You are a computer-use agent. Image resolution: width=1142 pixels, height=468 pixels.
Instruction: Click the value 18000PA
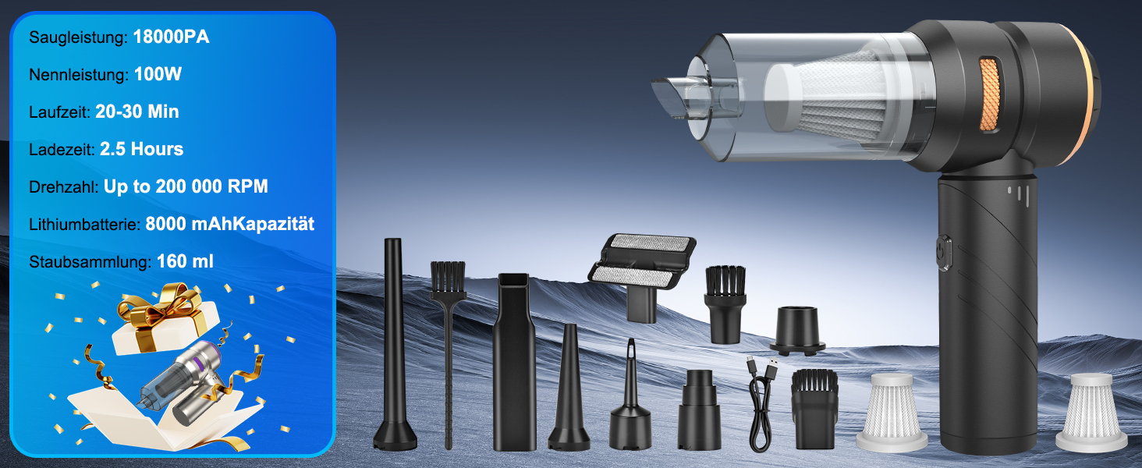(171, 37)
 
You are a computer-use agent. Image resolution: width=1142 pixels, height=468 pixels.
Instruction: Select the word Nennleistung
(78, 75)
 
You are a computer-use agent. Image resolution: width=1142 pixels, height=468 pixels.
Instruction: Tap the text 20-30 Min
(137, 112)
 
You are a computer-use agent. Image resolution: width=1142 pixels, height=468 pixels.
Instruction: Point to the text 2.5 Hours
(141, 149)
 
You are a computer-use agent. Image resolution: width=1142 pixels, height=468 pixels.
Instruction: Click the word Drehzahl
(63, 186)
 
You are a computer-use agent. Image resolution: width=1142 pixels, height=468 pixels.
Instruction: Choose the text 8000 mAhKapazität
(230, 224)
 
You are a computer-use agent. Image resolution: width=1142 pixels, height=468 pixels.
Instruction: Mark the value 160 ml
(185, 261)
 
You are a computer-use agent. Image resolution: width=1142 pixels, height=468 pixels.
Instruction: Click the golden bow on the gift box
(161, 303)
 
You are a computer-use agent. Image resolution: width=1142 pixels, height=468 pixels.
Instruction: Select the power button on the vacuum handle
(944, 253)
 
